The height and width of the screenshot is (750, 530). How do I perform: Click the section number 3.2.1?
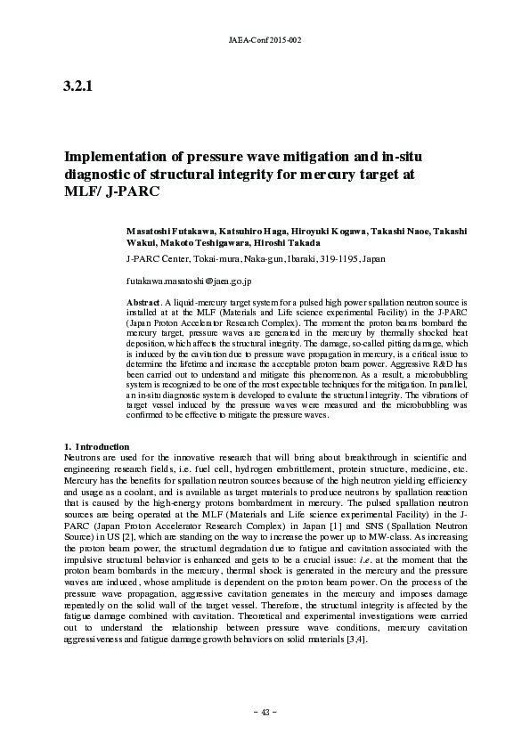pos(77,86)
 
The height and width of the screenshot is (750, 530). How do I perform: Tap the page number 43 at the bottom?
pos(265,712)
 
